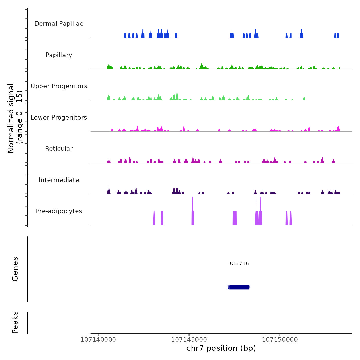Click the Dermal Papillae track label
point(59,24)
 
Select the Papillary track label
point(59,55)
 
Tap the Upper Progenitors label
point(59,86)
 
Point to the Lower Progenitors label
point(59,118)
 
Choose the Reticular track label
point(59,149)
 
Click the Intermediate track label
point(59,180)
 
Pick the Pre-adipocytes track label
point(59,211)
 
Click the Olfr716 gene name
point(239,263)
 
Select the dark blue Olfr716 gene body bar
point(239,287)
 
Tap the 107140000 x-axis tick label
point(98,340)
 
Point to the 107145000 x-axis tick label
point(189,340)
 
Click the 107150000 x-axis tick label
point(280,340)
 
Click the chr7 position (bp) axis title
point(221,348)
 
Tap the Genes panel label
point(15,269)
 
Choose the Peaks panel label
point(15,322)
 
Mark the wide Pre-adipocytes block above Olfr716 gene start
point(235,218)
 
